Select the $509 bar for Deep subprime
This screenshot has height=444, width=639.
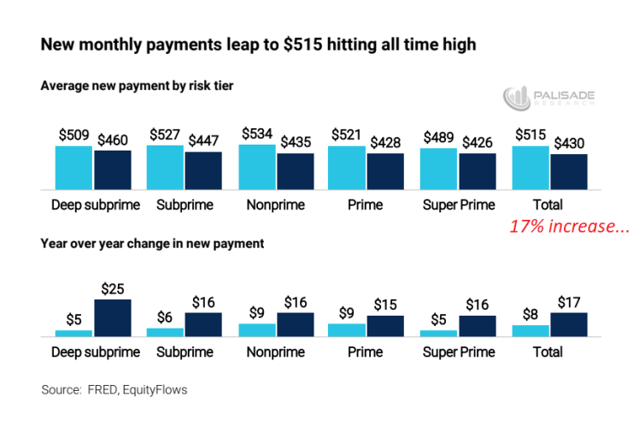tap(73, 168)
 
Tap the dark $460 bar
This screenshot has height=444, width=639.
tap(113, 169)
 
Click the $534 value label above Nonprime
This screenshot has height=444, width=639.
tap(256, 134)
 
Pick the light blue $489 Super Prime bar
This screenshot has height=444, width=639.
tap(439, 169)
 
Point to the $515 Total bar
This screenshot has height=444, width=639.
tap(530, 168)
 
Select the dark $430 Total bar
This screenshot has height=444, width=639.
tap(569, 171)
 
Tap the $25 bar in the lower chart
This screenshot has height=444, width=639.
tap(113, 317)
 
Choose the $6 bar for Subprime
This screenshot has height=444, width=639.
tap(165, 332)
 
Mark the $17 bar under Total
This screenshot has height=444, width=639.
tap(569, 324)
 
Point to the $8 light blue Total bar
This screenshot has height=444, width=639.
tap(530, 330)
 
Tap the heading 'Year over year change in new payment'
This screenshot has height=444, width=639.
tap(152, 243)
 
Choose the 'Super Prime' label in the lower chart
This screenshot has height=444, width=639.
tap(458, 352)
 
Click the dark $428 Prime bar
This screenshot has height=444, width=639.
tap(385, 171)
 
